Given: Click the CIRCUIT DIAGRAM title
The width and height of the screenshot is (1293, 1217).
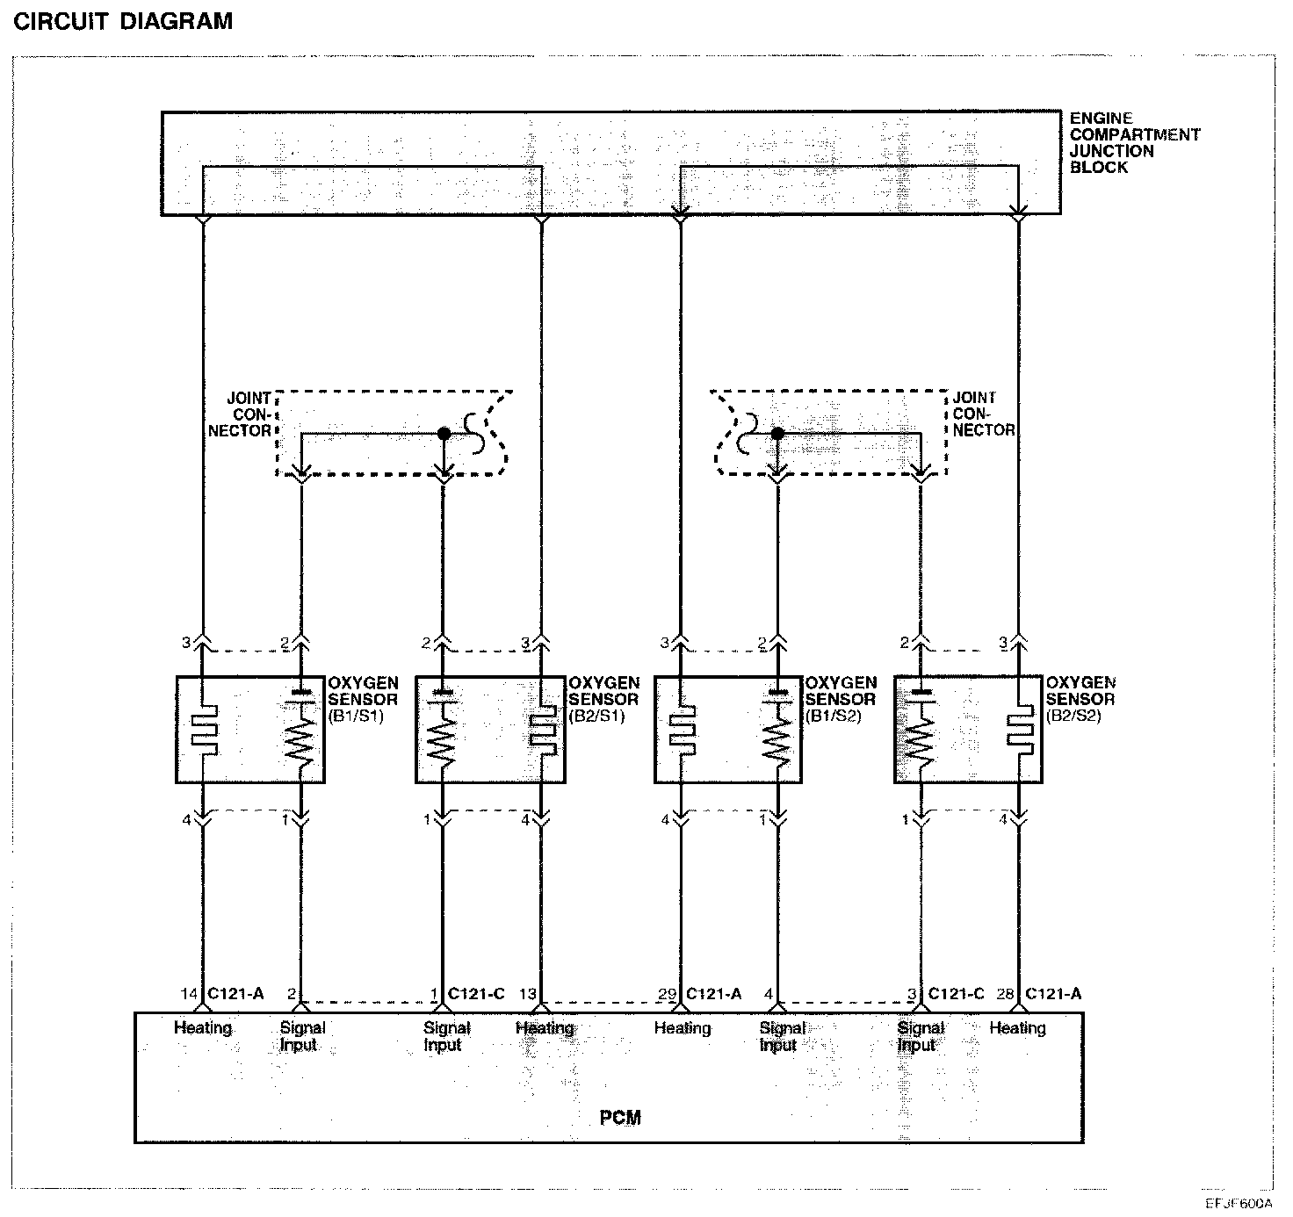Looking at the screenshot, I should tap(123, 21).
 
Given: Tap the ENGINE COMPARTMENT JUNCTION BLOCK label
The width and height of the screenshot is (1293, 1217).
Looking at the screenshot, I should tap(1134, 143).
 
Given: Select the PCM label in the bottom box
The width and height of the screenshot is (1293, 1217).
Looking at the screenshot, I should tap(620, 1118).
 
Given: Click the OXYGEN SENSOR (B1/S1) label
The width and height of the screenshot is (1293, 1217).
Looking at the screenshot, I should tap(363, 699).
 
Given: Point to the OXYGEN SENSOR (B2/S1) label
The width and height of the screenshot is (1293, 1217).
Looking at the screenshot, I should tap(603, 699).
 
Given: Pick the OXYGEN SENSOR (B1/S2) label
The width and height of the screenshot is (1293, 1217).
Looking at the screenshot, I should tap(841, 699).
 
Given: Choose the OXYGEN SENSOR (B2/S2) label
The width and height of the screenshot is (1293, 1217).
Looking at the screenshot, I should tap(1080, 699).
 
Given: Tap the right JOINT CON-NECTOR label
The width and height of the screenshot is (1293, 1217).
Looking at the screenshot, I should tap(983, 414).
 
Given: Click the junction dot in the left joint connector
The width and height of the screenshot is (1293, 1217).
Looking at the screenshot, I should tap(444, 434).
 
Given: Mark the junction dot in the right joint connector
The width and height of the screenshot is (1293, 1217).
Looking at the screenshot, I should tap(777, 434).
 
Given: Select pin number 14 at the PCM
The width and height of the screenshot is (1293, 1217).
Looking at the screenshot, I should tap(189, 994).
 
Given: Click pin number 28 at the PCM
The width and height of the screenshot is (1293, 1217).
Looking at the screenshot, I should tap(1007, 994).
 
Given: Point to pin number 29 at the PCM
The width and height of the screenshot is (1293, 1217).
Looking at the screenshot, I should tap(667, 994).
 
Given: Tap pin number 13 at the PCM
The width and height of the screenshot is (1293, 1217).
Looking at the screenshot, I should tap(527, 994).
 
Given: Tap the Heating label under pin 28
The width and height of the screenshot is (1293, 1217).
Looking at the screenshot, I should tap(1017, 1028).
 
